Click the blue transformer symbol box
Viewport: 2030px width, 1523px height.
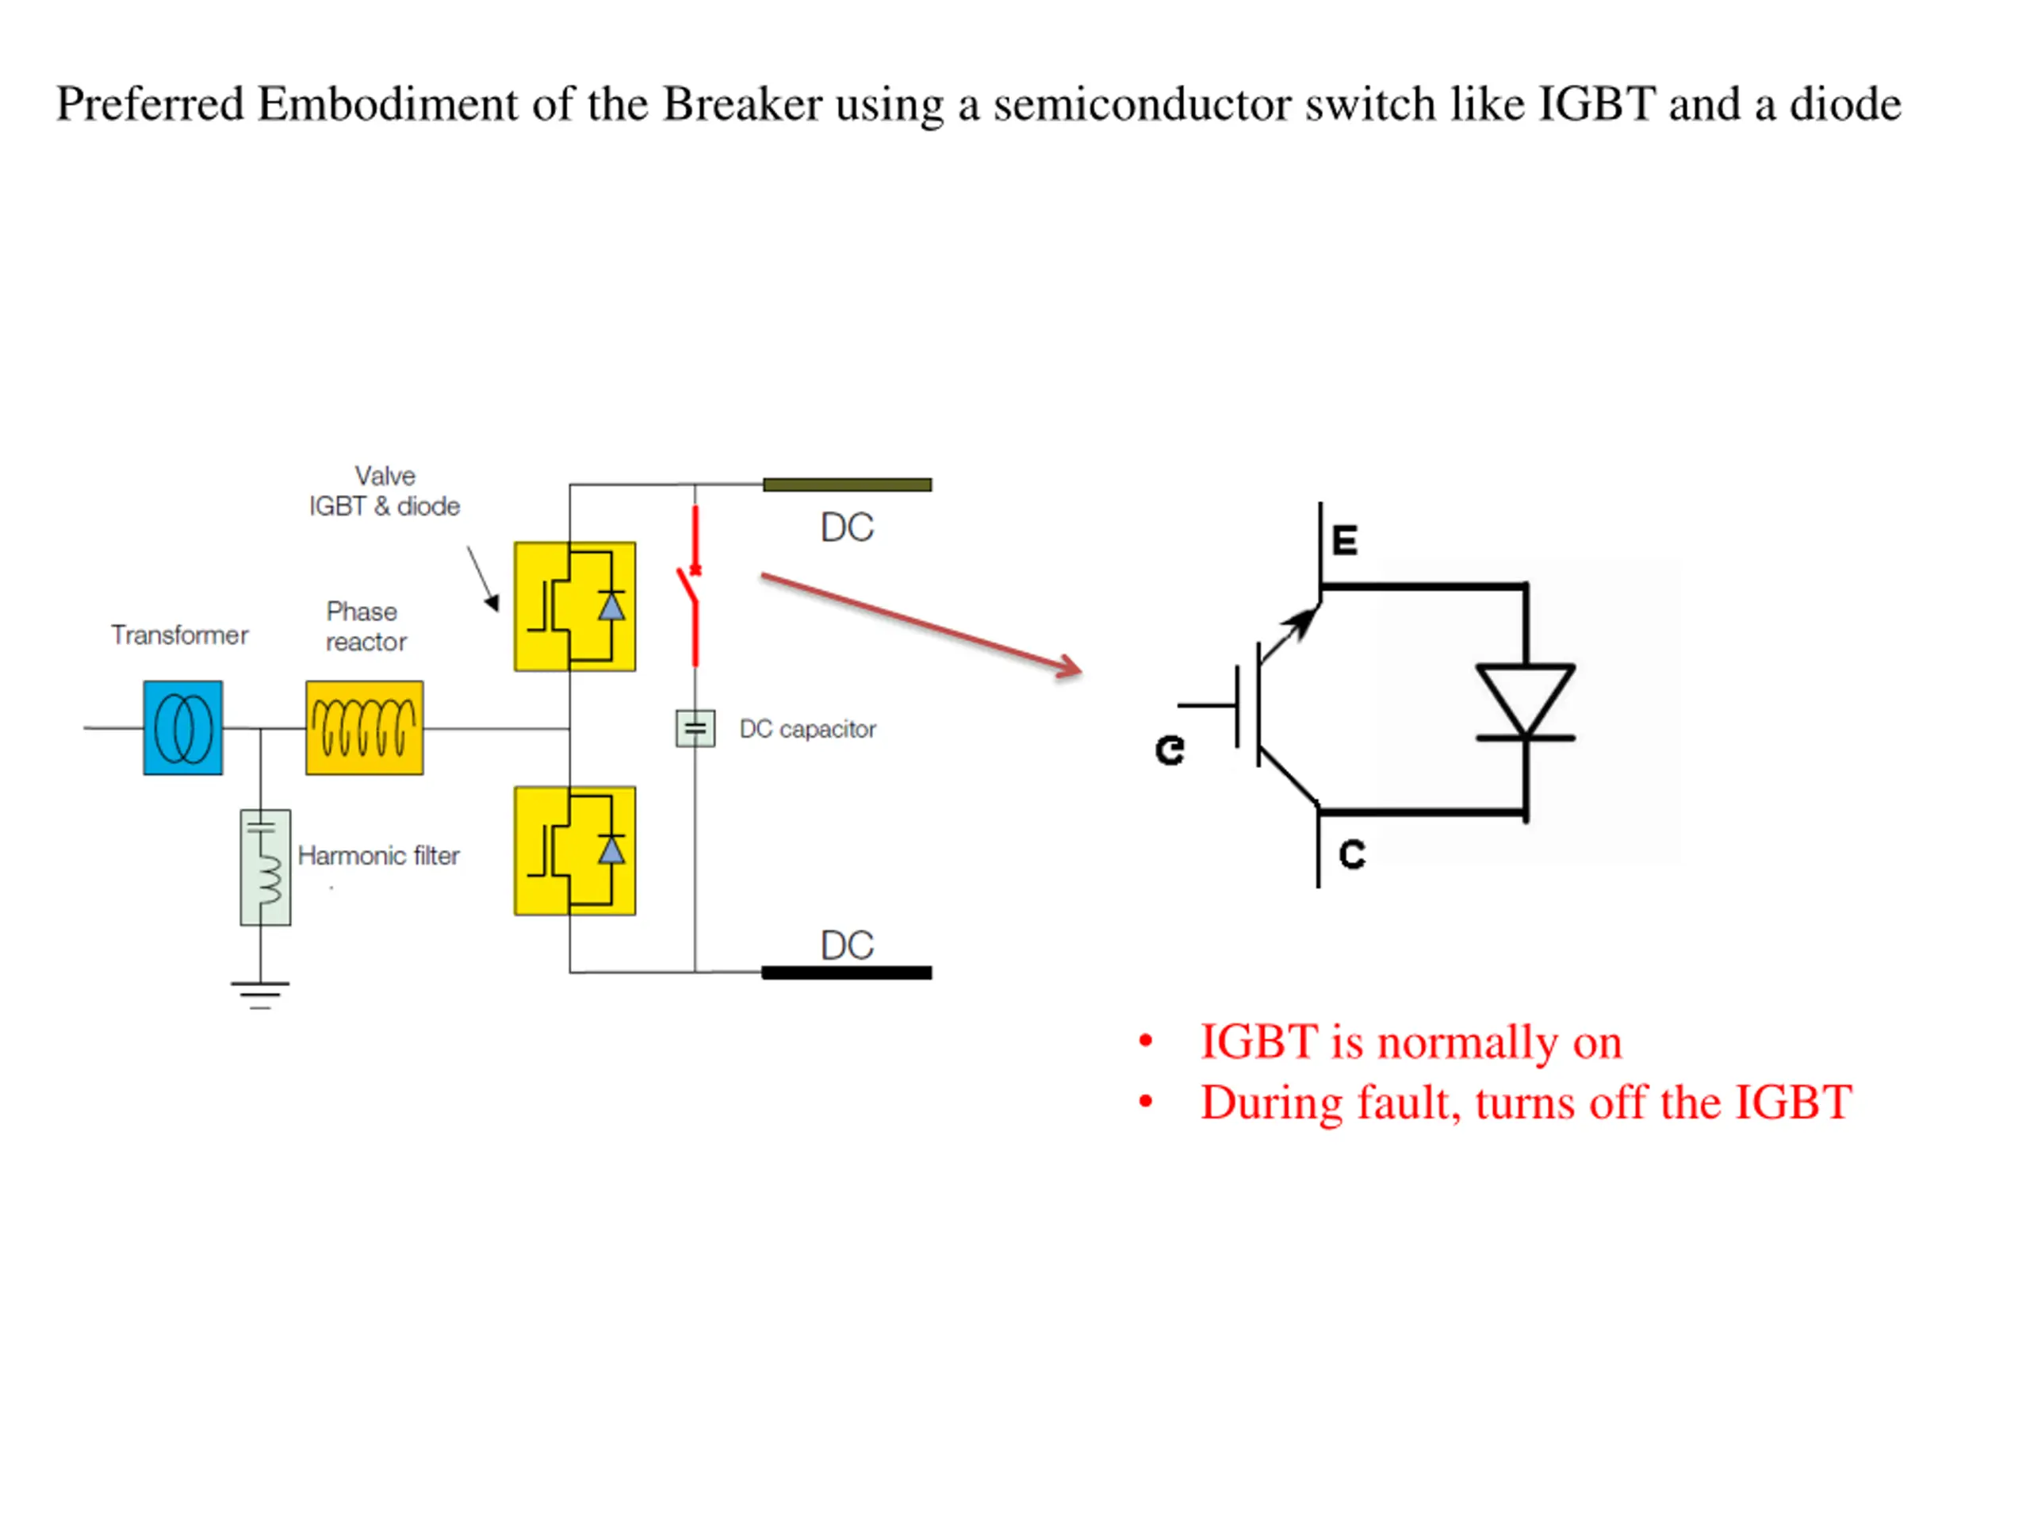coord(182,728)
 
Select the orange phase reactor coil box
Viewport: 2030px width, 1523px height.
coord(364,728)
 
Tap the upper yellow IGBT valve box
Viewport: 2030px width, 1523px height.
coord(574,607)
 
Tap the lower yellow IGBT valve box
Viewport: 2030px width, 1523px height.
coord(574,851)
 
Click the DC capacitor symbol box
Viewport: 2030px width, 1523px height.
coord(695,729)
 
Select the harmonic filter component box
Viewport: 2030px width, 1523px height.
coord(265,868)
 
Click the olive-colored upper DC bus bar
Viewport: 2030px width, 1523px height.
coord(847,485)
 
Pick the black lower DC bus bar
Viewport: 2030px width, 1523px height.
coord(847,973)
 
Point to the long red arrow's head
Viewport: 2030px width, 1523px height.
coord(1070,667)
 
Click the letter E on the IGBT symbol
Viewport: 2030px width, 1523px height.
coord(1344,540)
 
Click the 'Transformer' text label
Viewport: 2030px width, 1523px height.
coord(180,635)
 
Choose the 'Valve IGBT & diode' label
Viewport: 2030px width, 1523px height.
coord(385,491)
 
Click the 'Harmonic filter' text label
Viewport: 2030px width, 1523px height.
coord(379,856)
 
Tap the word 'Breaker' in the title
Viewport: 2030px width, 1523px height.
coord(742,104)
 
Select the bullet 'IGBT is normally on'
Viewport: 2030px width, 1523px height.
coord(1411,1043)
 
